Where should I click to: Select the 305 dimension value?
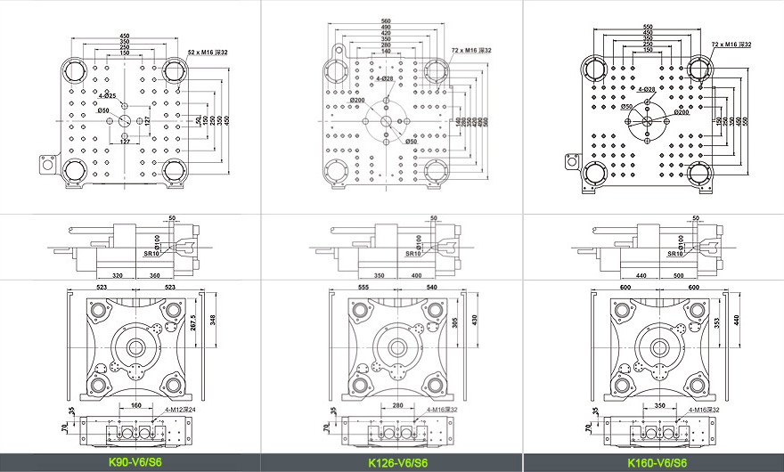click(x=455, y=323)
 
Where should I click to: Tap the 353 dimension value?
click(x=717, y=323)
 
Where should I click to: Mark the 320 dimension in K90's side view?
click(x=117, y=276)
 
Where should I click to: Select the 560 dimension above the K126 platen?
click(x=385, y=20)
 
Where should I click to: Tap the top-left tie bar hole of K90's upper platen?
click(x=73, y=69)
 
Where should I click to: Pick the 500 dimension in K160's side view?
click(x=679, y=276)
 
